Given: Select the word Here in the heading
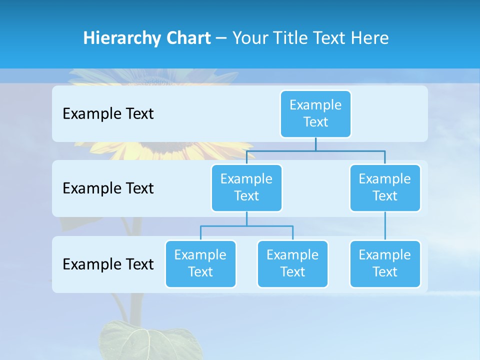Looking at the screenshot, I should coord(370,38).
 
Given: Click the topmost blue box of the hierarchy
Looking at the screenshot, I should coord(315,113).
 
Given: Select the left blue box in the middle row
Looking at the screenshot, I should coord(246,187).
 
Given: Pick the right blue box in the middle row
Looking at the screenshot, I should coord(385,187).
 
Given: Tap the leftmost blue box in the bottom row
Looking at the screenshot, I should coord(200,263).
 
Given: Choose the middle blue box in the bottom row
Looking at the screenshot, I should coord(292,263).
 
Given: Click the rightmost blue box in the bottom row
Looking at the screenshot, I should coord(385,263).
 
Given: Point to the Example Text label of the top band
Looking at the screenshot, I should coord(108,114).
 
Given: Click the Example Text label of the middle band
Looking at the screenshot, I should coord(108,188).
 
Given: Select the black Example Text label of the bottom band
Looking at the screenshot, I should coord(108,264).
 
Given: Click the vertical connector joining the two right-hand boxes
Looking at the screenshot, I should coord(385,226).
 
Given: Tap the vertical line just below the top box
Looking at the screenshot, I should coord(315,144).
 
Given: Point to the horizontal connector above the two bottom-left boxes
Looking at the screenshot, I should coord(246,226).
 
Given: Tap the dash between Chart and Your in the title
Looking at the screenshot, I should coord(221,38).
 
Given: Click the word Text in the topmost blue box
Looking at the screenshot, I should coord(315,122).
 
